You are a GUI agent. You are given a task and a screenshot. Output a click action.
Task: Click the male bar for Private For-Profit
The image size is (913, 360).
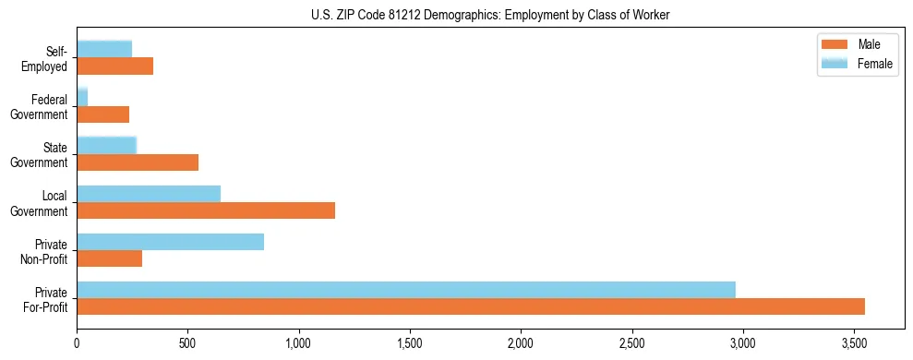[471, 306]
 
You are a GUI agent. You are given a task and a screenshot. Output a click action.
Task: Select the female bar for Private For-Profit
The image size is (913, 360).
[406, 290]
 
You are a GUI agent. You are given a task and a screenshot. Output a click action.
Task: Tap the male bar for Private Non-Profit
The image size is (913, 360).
[109, 258]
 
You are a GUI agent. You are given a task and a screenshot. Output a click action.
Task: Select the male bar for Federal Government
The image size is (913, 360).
[102, 114]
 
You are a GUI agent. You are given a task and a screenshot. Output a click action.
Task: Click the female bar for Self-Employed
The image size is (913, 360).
[104, 49]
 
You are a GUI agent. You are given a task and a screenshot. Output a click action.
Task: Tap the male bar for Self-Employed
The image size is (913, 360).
[114, 66]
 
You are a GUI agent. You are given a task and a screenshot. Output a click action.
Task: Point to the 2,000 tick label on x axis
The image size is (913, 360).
[521, 343]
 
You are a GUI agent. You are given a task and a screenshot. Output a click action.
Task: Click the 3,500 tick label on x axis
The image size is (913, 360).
[854, 343]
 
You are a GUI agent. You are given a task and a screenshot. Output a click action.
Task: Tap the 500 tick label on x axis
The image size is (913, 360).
[187, 343]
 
